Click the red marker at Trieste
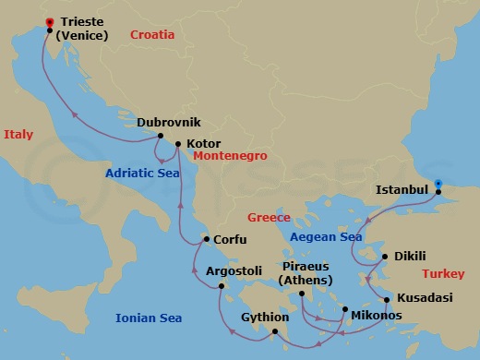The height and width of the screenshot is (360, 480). click(x=49, y=19)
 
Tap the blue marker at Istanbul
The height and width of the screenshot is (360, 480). click(x=438, y=183)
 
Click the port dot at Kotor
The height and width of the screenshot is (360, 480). click(x=178, y=144)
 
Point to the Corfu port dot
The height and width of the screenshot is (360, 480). click(x=205, y=240)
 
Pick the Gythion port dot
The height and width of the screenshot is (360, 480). click(x=274, y=332)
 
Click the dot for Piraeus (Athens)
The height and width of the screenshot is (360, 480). click(x=302, y=295)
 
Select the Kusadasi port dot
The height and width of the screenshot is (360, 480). click(x=386, y=299)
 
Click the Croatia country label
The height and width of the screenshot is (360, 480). click(x=152, y=35)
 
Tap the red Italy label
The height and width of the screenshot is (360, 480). click(x=18, y=135)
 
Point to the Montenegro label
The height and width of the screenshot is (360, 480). click(x=230, y=157)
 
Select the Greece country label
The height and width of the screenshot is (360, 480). click(x=269, y=218)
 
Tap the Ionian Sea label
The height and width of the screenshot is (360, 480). click(x=149, y=318)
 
